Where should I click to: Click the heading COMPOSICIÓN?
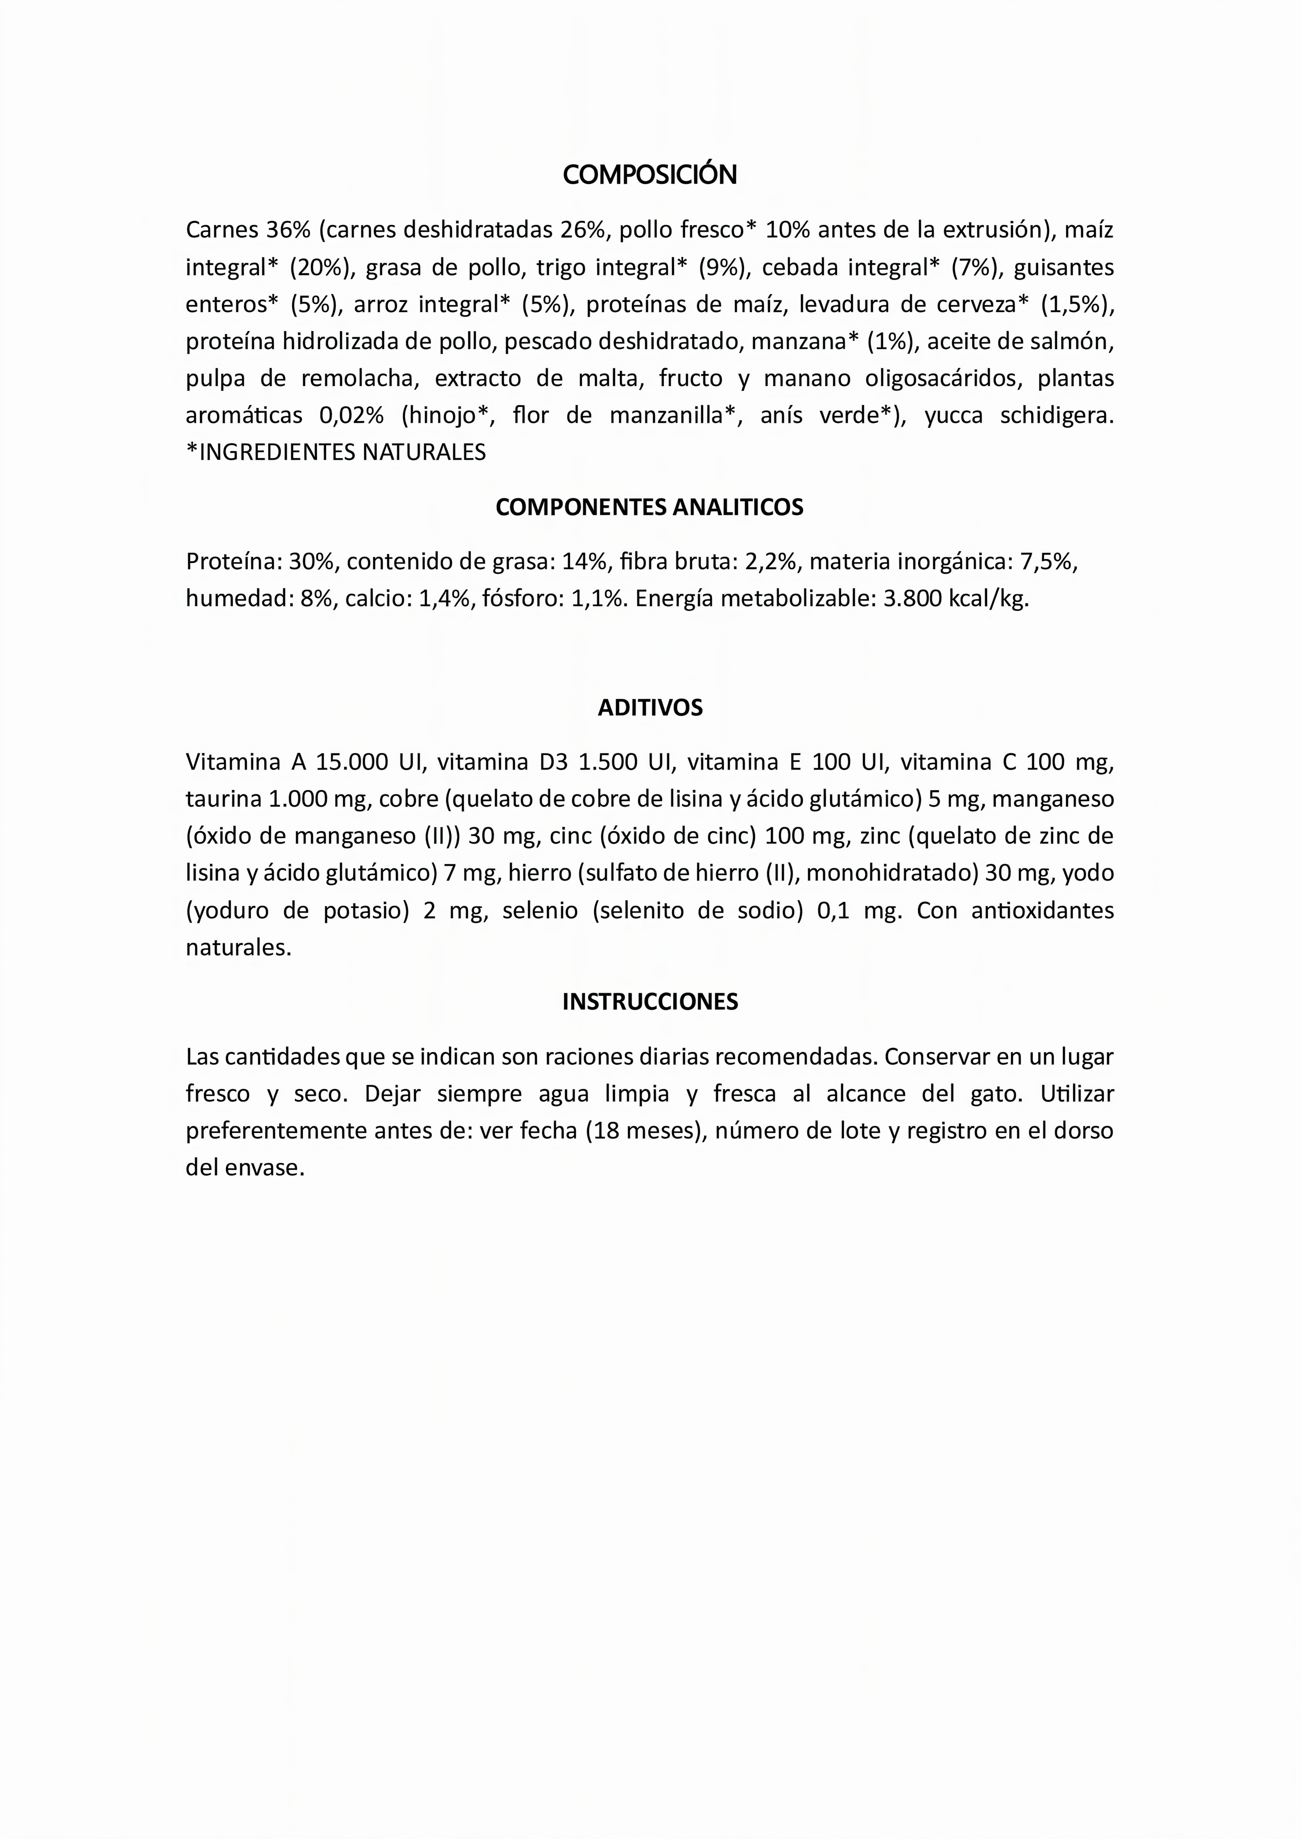tap(650, 175)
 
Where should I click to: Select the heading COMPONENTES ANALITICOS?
tap(650, 507)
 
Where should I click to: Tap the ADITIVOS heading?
tap(650, 707)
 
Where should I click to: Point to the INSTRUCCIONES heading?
tap(650, 1001)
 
